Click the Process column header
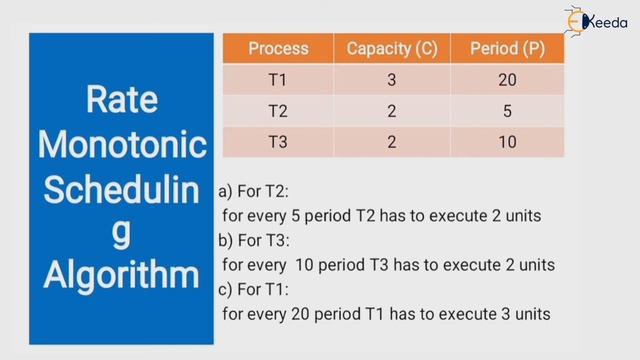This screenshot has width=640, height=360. (x=278, y=49)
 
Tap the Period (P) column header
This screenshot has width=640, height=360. (x=507, y=49)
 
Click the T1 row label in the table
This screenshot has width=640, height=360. (x=278, y=80)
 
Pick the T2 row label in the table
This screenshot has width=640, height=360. (x=278, y=111)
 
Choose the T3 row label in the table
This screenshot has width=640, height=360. (x=278, y=142)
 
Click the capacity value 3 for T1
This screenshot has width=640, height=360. (x=392, y=80)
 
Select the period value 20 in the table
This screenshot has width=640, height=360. (x=507, y=80)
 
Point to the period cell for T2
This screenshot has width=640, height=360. (x=507, y=111)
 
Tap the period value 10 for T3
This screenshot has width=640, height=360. (x=507, y=142)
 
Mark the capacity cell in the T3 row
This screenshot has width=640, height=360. (x=392, y=142)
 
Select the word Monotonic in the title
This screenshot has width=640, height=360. (x=121, y=144)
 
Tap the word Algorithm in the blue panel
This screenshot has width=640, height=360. (x=121, y=274)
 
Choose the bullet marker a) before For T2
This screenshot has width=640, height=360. (x=224, y=191)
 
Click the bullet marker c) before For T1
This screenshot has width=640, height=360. (x=224, y=290)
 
